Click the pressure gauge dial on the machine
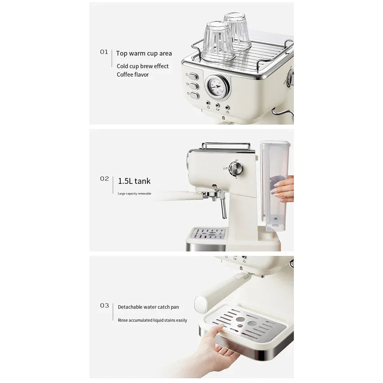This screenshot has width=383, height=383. [217, 87]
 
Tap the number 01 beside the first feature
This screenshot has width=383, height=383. [104, 52]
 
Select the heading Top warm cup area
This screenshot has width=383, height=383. [144, 54]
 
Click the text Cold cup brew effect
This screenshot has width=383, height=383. [142, 66]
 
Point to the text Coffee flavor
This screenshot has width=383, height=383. [133, 75]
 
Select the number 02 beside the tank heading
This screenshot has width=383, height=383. [104, 179]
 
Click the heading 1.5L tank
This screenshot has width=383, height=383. [134, 181]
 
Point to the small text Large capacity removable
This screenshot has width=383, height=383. [134, 194]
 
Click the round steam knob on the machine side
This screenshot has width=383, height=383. [236, 169]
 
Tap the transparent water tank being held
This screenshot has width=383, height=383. [274, 184]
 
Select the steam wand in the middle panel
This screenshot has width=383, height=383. [223, 207]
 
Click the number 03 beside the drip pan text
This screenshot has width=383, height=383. [104, 306]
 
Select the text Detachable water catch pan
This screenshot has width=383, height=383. [148, 307]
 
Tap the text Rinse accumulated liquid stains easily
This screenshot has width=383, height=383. [152, 320]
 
